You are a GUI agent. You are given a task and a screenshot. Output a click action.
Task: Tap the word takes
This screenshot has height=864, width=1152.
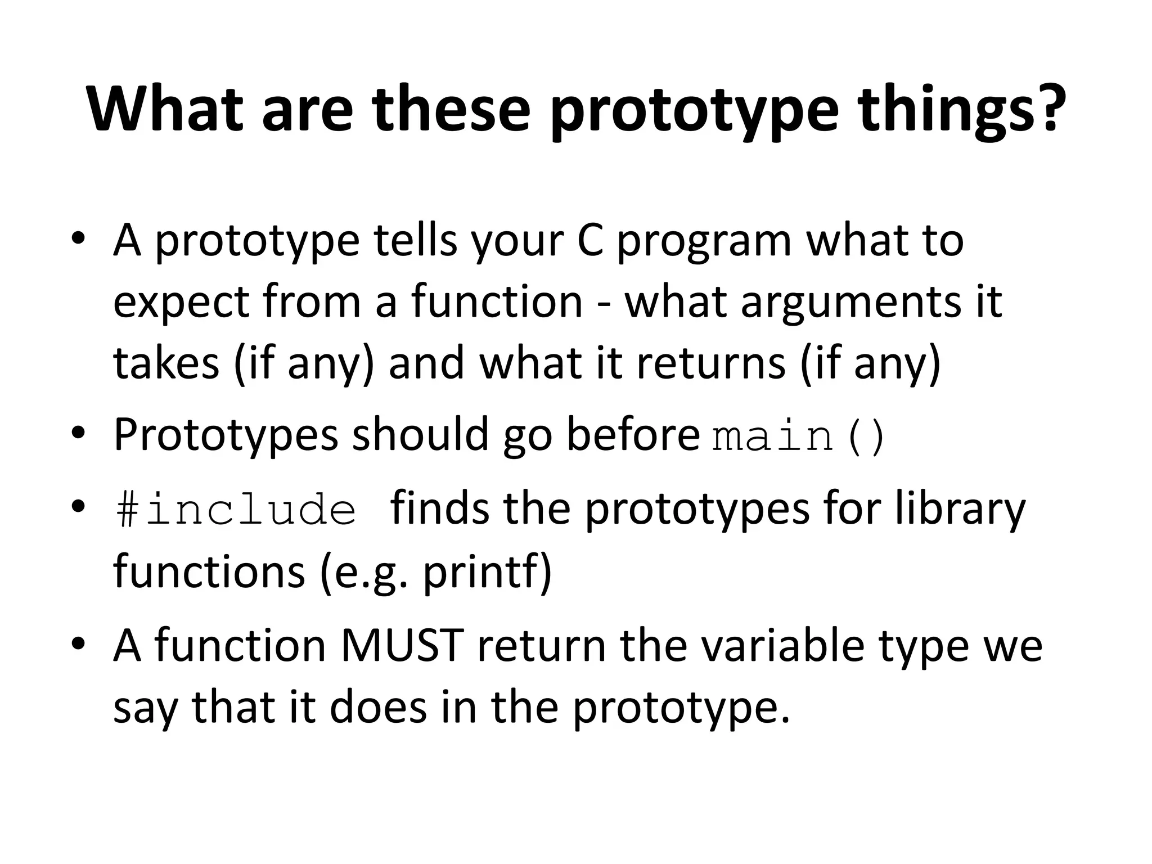166,363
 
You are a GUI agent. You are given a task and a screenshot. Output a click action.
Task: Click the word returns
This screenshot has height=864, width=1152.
710,363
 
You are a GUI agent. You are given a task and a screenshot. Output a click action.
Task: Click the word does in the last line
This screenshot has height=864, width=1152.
378,707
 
